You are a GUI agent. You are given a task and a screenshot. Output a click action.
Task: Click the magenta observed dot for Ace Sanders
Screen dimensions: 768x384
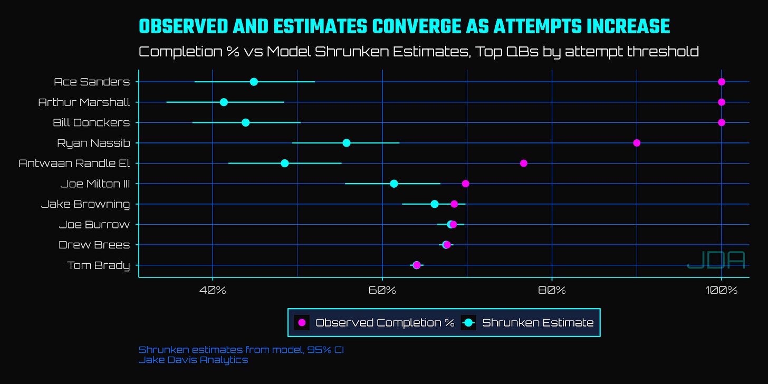pyautogui.click(x=722, y=82)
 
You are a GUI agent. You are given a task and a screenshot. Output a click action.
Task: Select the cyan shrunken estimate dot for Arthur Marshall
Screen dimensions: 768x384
pyautogui.click(x=224, y=102)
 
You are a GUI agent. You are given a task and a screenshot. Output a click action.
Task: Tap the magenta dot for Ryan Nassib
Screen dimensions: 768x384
pyautogui.click(x=637, y=143)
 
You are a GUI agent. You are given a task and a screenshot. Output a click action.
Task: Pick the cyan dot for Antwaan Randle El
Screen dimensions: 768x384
pyautogui.click(x=285, y=163)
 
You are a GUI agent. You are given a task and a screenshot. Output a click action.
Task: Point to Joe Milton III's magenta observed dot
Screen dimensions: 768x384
pyautogui.click(x=465, y=184)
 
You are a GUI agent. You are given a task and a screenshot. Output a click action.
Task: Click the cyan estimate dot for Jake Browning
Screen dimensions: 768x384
pyautogui.click(x=435, y=204)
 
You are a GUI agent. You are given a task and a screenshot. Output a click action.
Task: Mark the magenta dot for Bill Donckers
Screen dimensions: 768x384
pyautogui.click(x=722, y=122)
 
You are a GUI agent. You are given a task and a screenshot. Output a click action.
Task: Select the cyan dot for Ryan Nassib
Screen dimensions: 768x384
pyautogui.click(x=347, y=143)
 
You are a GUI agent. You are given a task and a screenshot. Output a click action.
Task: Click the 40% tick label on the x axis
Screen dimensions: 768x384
pyautogui.click(x=213, y=291)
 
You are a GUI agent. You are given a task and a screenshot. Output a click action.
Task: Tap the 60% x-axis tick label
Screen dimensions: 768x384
pyautogui.click(x=382, y=291)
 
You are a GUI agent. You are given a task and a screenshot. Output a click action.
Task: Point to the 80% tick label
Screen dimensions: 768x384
pyautogui.click(x=552, y=291)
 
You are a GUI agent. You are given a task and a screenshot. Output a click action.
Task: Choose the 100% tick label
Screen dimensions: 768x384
pyautogui.click(x=722, y=291)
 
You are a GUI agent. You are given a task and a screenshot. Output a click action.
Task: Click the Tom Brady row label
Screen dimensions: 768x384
pyautogui.click(x=99, y=265)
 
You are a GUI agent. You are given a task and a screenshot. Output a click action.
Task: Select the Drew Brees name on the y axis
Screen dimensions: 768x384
pyautogui.click(x=94, y=245)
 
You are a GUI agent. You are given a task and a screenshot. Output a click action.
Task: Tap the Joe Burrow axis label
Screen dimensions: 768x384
pyautogui.click(x=94, y=225)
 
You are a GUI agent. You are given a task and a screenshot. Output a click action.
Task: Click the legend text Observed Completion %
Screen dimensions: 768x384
pyautogui.click(x=385, y=323)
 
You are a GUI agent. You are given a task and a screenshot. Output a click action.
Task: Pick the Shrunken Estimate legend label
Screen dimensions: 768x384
pyautogui.click(x=537, y=323)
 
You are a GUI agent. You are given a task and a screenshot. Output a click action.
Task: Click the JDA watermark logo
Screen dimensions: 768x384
pyautogui.click(x=716, y=260)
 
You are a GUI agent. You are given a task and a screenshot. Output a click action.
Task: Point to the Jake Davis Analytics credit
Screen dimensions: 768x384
pyautogui.click(x=193, y=360)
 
